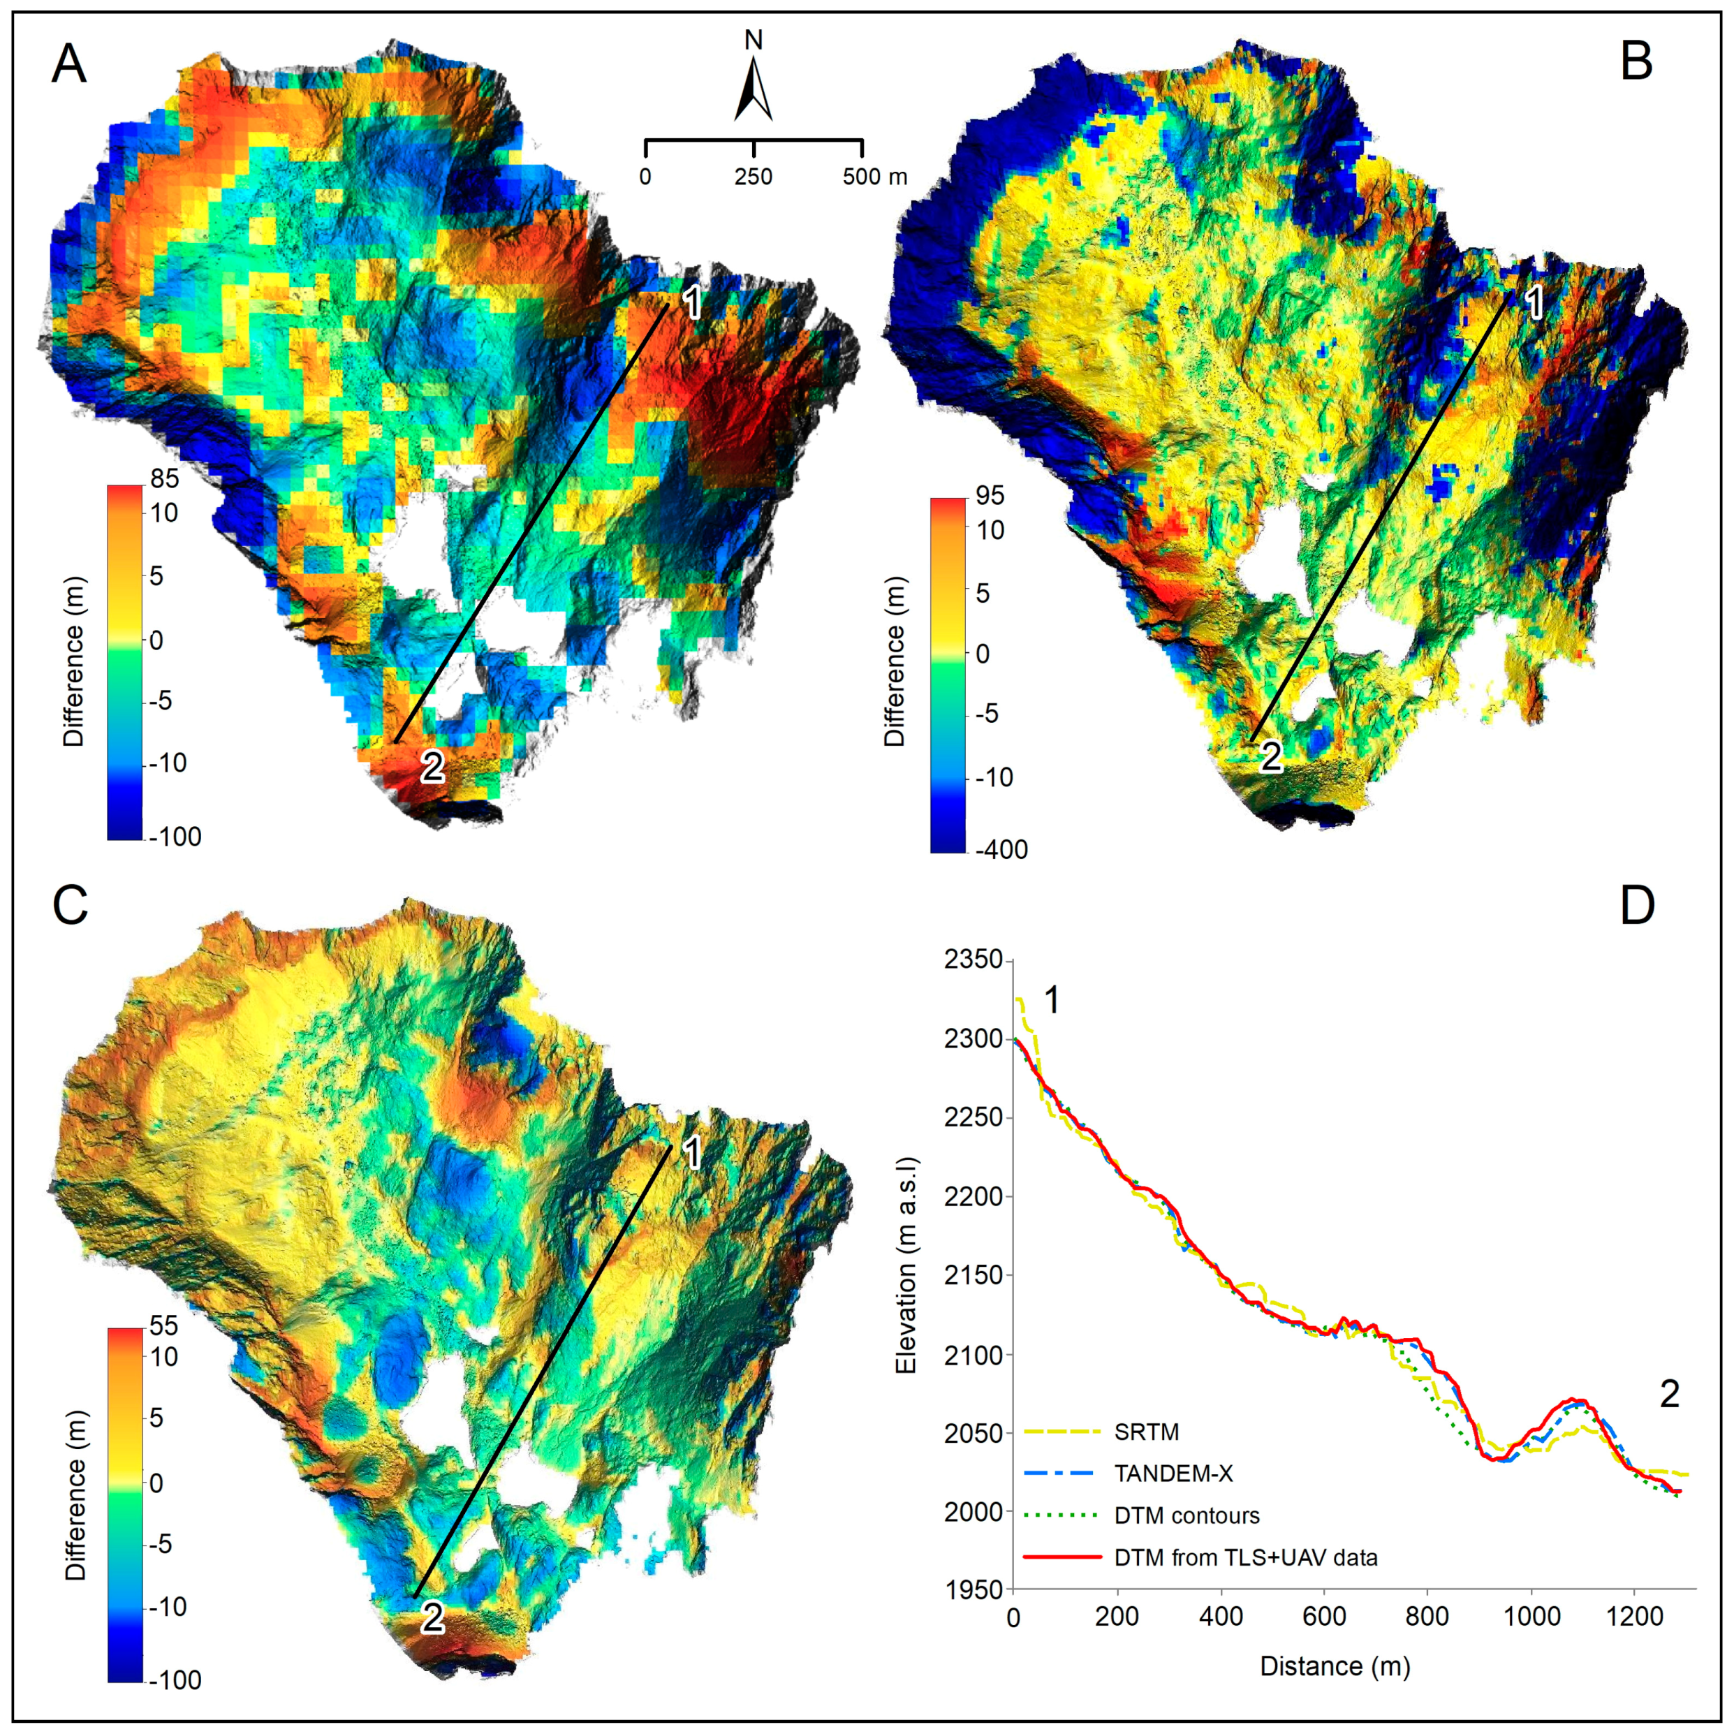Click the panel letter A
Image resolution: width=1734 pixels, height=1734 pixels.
click(69, 65)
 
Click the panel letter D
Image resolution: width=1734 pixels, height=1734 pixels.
click(1636, 906)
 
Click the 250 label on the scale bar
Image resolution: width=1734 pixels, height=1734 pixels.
click(753, 177)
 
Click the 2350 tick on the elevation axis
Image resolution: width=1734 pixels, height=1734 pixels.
click(973, 960)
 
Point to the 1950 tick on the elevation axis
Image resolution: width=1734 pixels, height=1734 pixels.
click(973, 1589)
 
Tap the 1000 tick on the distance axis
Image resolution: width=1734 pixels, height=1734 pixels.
click(1531, 1617)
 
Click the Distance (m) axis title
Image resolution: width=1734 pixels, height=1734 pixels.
click(1335, 1667)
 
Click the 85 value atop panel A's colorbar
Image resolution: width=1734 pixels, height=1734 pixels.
click(165, 478)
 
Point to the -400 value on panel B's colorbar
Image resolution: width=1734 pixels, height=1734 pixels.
click(1001, 849)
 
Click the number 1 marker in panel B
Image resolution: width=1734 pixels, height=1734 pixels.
click(1535, 303)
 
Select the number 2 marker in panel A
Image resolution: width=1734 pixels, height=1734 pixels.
click(432, 767)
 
